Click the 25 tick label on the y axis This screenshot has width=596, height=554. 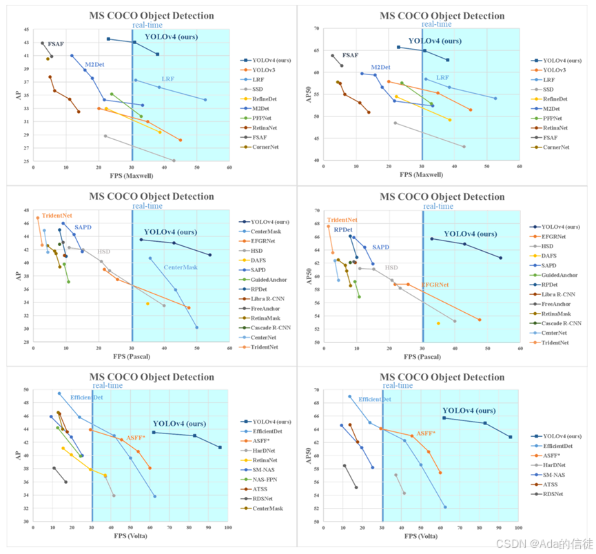pos(27,161)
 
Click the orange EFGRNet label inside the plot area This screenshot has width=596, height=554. pos(435,284)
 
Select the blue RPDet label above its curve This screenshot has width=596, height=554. pos(343,229)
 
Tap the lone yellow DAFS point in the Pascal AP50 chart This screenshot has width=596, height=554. pos(438,323)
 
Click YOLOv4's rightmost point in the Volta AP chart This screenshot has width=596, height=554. pos(220,447)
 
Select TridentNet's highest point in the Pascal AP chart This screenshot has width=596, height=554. pos(38,218)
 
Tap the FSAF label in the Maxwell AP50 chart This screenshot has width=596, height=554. pos(351,55)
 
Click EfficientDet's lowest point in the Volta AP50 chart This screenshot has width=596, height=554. pos(445,507)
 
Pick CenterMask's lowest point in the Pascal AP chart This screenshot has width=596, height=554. pos(197,327)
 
